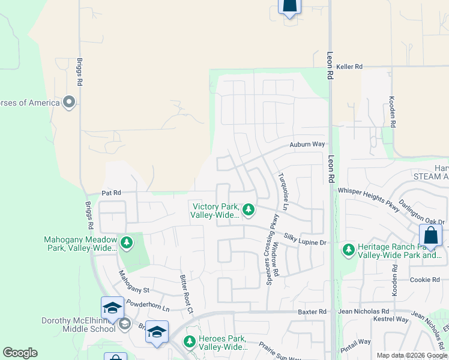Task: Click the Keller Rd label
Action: (x=349, y=67)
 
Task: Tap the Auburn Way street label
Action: (x=307, y=145)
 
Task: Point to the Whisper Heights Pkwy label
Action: (x=368, y=199)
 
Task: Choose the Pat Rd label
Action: (x=111, y=193)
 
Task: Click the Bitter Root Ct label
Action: (x=187, y=294)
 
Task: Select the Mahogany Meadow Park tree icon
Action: (x=126, y=243)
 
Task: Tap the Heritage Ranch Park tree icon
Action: (x=348, y=249)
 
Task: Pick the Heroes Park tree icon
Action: (x=190, y=342)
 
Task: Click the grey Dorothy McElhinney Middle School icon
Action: (x=124, y=325)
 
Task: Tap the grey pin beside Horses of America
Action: (x=69, y=102)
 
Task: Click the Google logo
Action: (x=20, y=353)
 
